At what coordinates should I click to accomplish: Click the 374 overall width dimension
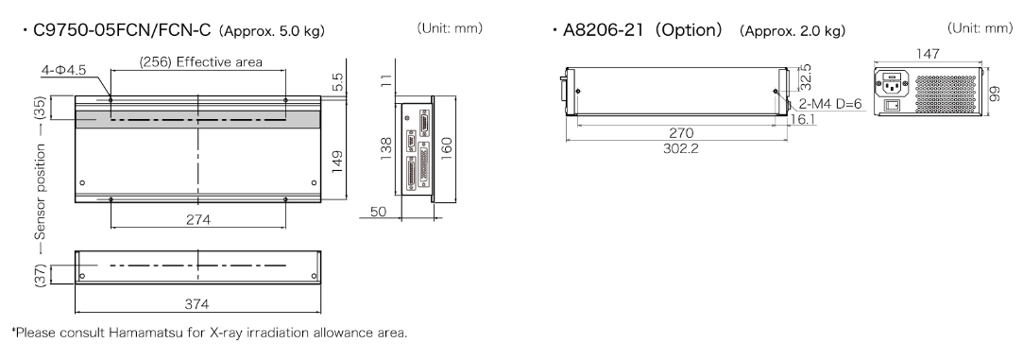[x=197, y=304]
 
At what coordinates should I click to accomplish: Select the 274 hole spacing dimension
[x=197, y=220]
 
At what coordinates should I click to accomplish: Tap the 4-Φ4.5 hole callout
[x=62, y=70]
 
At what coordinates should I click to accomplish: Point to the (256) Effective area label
[x=201, y=62]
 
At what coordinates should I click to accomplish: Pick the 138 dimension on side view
[x=386, y=148]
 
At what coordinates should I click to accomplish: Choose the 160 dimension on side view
[x=446, y=148]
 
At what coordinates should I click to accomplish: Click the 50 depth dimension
[x=378, y=213]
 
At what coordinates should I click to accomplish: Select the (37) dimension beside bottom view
[x=41, y=275]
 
